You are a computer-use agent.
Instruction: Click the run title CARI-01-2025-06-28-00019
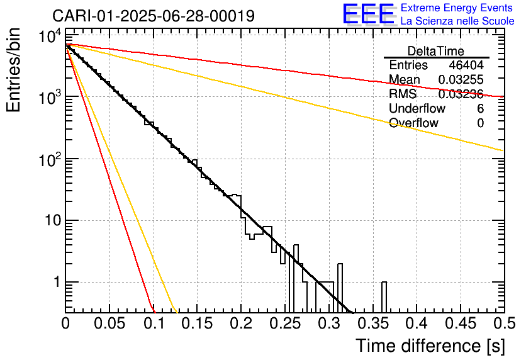[x=154, y=16]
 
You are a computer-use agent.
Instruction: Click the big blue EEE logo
[x=368, y=14]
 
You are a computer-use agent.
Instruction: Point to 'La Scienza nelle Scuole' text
[x=457, y=21]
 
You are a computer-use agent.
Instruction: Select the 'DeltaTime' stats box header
[x=435, y=51]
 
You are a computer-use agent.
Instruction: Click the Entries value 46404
[x=466, y=65]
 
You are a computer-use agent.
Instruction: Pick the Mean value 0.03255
[x=461, y=80]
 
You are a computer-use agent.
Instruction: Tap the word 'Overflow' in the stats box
[x=413, y=123]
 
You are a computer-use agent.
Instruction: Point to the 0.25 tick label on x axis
[x=284, y=324]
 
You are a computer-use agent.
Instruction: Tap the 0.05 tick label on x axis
[x=109, y=324]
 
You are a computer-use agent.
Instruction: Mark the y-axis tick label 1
[x=55, y=283]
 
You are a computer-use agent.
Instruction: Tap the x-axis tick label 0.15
[x=197, y=324]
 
